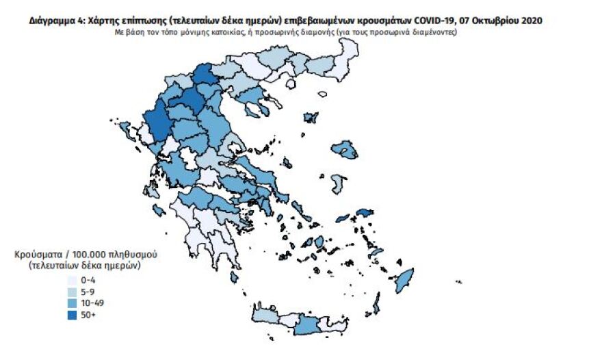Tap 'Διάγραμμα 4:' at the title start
55,21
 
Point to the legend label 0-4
88,280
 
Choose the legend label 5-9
88,291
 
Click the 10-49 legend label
92,302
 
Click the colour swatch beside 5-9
72,291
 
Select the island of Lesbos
345,149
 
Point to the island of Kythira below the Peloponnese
235,277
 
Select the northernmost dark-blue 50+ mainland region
203,75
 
